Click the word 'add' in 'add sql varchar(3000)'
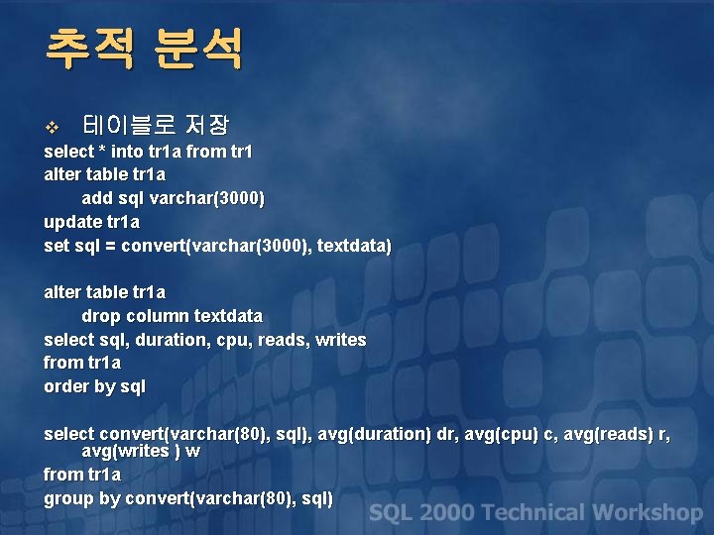(x=97, y=198)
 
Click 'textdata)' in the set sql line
(x=355, y=245)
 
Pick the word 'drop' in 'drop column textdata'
(x=99, y=316)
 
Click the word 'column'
(x=156, y=316)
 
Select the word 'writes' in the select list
(x=340, y=340)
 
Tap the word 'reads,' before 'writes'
(x=283, y=340)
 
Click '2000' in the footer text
(x=446, y=513)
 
